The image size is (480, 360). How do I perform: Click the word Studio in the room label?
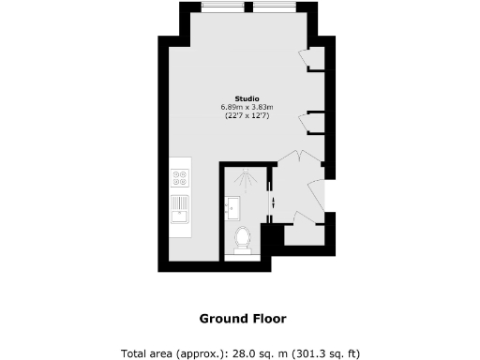pyautogui.click(x=247, y=99)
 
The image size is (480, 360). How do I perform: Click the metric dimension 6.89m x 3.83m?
pyautogui.click(x=247, y=108)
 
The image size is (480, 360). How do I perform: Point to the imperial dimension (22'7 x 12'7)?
pyautogui.click(x=247, y=116)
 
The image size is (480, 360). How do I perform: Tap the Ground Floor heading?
pyautogui.click(x=242, y=318)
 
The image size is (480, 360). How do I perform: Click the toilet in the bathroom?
pyautogui.click(x=242, y=240)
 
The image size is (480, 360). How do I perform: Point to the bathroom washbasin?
pyautogui.click(x=233, y=206)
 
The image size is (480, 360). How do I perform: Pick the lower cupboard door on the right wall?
pyautogui.click(x=305, y=122)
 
